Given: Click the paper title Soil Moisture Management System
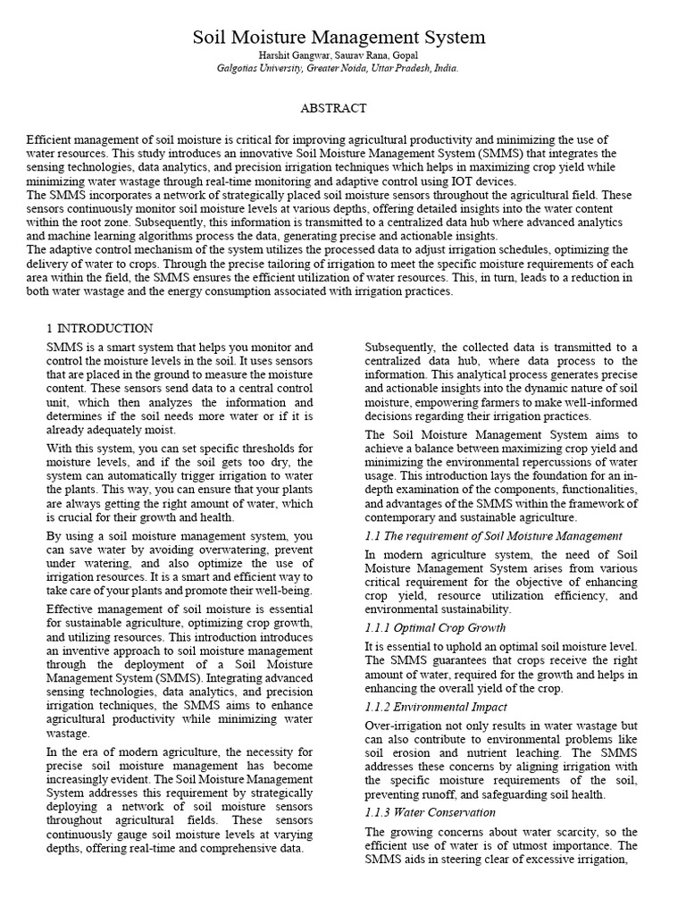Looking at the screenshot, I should tap(339, 38).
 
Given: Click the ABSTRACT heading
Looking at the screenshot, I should tap(333, 108).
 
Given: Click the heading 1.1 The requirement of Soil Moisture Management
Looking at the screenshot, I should tap(494, 536).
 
